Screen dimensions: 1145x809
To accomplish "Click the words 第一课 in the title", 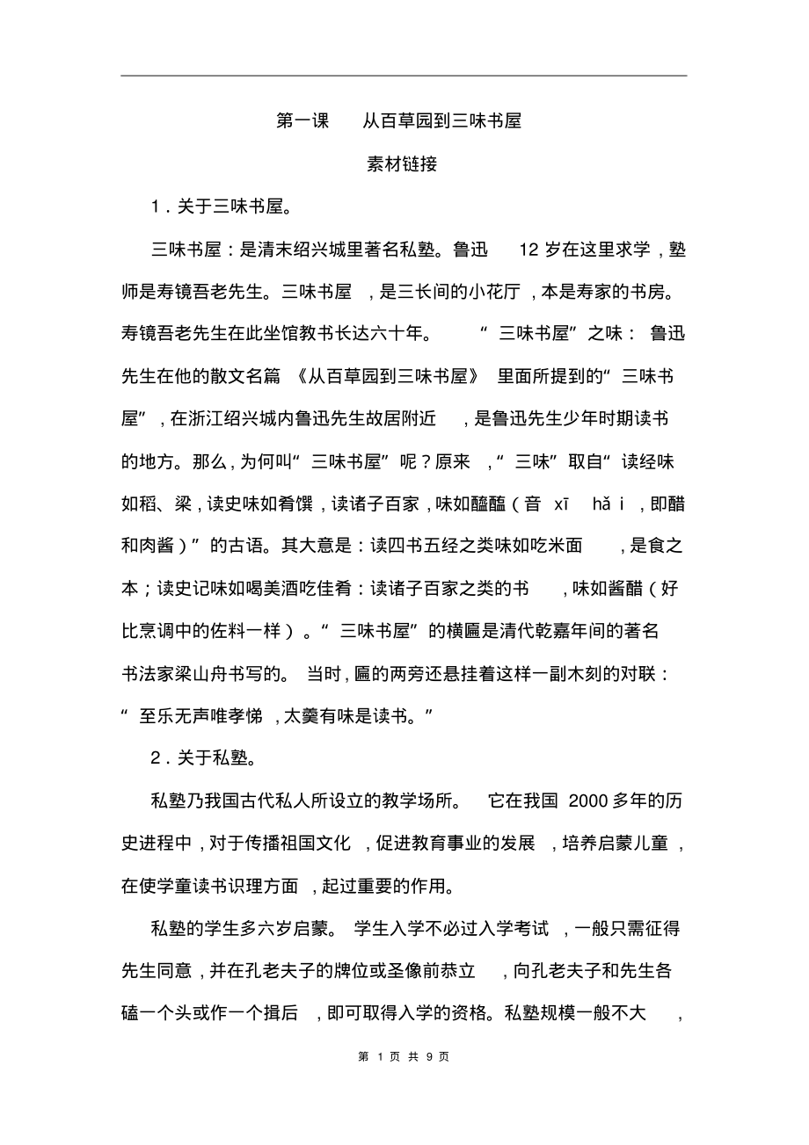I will click(x=302, y=121).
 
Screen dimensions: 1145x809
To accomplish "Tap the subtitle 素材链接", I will click(x=402, y=164).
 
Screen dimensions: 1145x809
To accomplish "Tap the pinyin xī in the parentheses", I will click(x=561, y=503).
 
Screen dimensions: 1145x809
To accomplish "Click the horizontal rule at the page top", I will click(x=404, y=76).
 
